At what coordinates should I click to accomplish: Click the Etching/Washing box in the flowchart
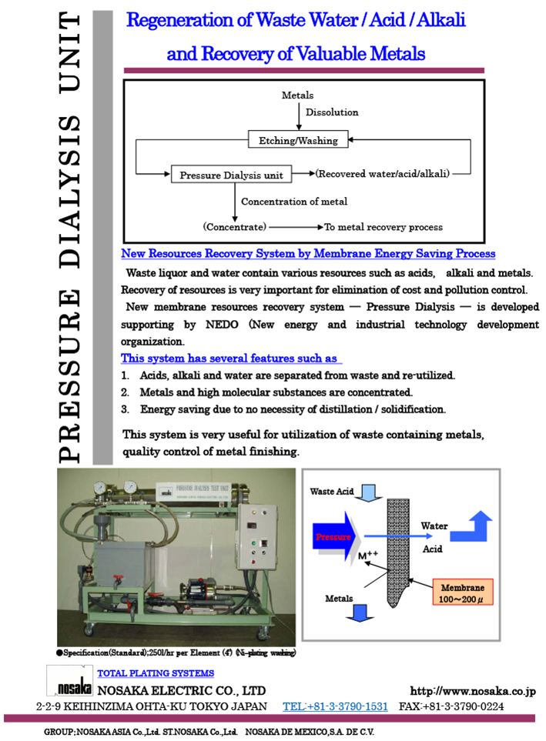click(x=293, y=140)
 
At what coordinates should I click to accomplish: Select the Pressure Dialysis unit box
click(x=232, y=175)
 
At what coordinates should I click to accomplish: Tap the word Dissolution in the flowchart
click(x=332, y=112)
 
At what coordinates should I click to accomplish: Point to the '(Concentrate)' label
click(x=235, y=227)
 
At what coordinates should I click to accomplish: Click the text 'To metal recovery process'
click(x=384, y=227)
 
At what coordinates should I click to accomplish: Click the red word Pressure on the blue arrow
click(x=333, y=536)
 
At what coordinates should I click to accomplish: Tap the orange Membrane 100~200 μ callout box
click(x=463, y=591)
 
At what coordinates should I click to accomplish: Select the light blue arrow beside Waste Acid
click(x=367, y=492)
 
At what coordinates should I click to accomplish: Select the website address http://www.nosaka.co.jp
click(x=472, y=691)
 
